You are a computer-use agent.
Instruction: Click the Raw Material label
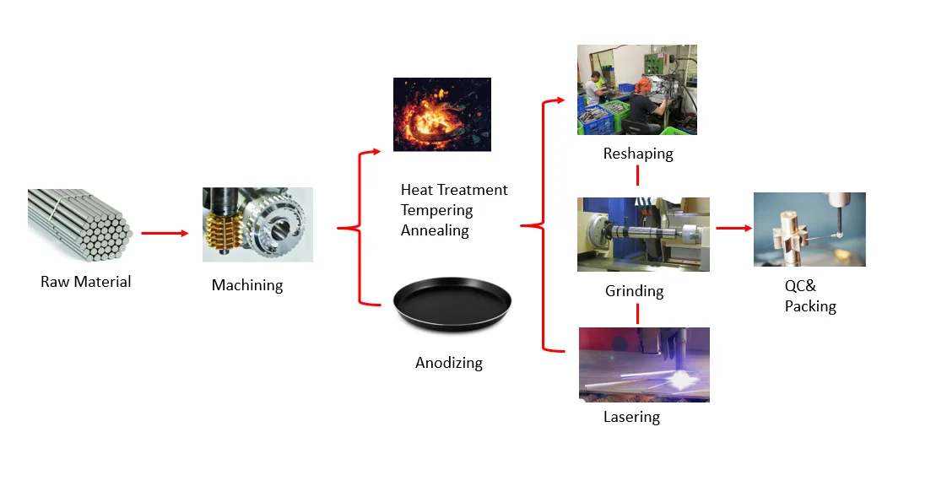coord(86,282)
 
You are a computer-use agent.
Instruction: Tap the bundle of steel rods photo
coord(79,225)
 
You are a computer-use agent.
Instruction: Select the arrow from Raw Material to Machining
coord(165,233)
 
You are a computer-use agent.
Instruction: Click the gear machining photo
coord(257,224)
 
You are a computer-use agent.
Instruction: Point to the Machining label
coord(247,285)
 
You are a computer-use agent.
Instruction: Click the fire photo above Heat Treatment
coord(442,115)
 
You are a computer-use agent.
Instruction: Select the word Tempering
coord(436,210)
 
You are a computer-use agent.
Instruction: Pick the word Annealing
coord(435,230)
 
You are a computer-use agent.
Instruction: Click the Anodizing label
coord(449,363)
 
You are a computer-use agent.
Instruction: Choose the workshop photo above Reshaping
coord(637,90)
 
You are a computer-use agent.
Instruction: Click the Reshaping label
coord(638,154)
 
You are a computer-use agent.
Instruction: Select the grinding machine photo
coord(643,234)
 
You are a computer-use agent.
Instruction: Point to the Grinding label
coord(635,291)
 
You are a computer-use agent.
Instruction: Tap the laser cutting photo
coord(644,364)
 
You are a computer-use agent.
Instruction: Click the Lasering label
coord(631,417)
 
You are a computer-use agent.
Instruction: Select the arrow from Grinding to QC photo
coord(733,228)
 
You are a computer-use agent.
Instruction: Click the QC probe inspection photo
coord(809,230)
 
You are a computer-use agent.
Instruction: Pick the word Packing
coord(810,306)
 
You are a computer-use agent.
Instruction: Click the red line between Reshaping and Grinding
coord(637,176)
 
